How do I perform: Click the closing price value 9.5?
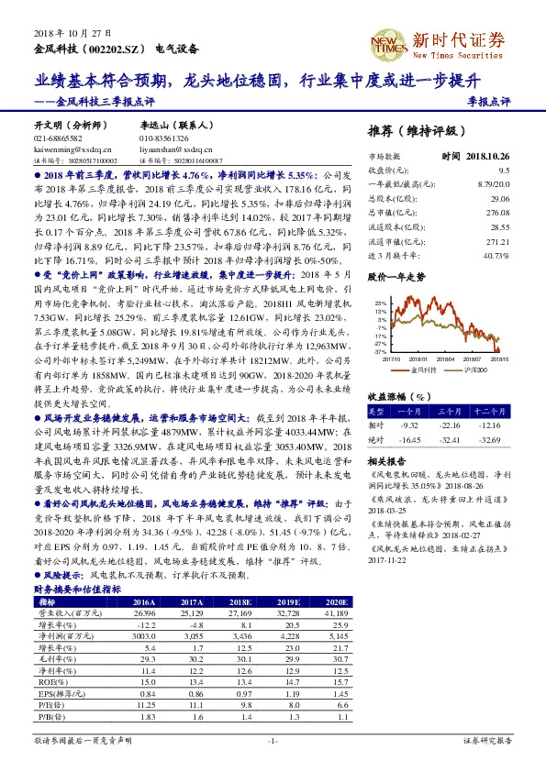click(504, 170)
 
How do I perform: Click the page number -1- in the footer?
click(273, 740)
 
